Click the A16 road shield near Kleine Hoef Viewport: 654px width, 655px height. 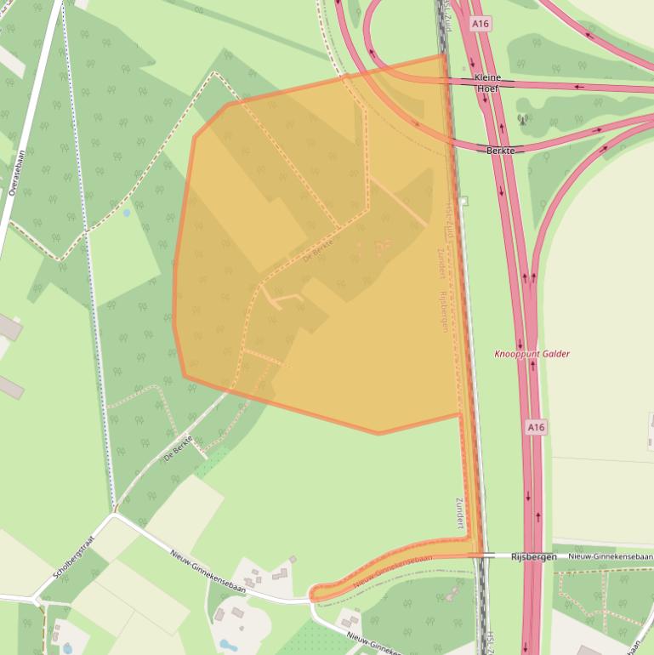[481, 24]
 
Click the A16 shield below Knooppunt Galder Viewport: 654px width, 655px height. [535, 427]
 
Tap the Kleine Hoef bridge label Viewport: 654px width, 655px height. [487, 83]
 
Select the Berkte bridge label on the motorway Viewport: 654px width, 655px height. [500, 151]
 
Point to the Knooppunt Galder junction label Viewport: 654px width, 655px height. [532, 354]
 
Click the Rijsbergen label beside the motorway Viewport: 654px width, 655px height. [533, 556]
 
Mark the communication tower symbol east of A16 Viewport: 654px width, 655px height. [521, 120]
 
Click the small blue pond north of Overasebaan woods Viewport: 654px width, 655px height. [127, 213]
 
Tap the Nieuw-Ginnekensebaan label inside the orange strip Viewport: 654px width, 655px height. [392, 570]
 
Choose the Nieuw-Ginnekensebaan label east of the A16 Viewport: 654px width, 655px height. [603, 555]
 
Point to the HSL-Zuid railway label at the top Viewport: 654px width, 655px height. [446, 17]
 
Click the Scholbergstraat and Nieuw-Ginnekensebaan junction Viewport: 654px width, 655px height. [113, 515]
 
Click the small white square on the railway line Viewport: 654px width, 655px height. [463, 202]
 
